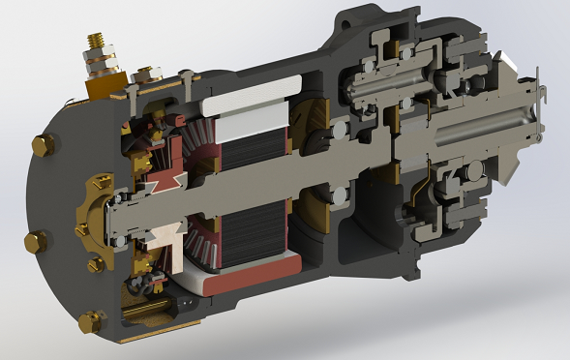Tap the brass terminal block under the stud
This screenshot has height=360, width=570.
click(x=100, y=85)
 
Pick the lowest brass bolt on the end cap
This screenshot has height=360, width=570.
click(x=91, y=320)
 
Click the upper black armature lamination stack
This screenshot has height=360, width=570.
click(x=254, y=168)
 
